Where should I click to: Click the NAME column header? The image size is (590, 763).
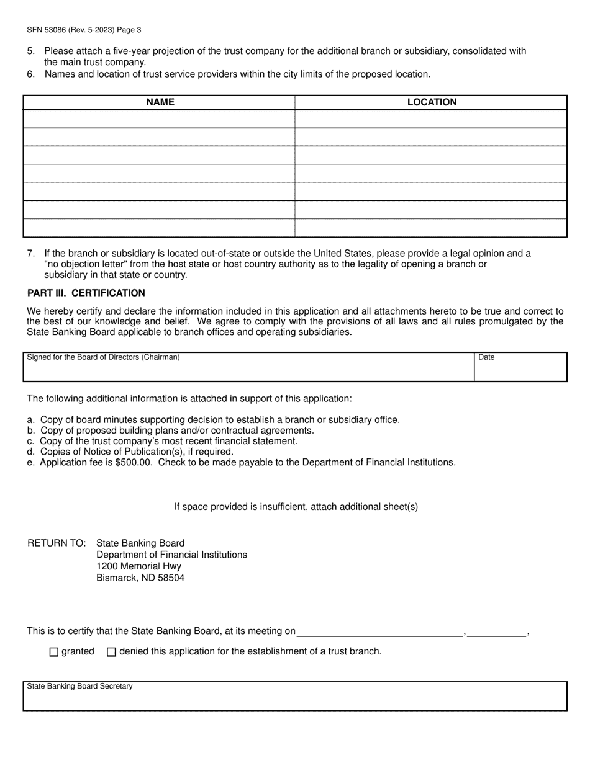160,102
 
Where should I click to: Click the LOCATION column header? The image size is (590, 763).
432,102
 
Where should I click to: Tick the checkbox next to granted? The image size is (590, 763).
53,652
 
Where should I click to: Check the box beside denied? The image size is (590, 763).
112,652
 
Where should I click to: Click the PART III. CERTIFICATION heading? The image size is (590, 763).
86,293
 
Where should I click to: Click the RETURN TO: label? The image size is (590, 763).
57,543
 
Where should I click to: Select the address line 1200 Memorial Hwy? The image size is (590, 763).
139,566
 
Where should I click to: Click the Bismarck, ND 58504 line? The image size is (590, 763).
140,578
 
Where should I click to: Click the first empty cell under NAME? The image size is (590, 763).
159,119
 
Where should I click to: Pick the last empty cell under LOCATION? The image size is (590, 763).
431,228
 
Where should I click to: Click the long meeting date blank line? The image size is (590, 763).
380,631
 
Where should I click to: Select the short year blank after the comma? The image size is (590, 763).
496,631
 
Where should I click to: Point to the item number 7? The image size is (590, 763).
31,253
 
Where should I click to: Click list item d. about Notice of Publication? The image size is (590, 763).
130,452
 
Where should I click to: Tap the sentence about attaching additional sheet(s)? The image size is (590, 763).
296,507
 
